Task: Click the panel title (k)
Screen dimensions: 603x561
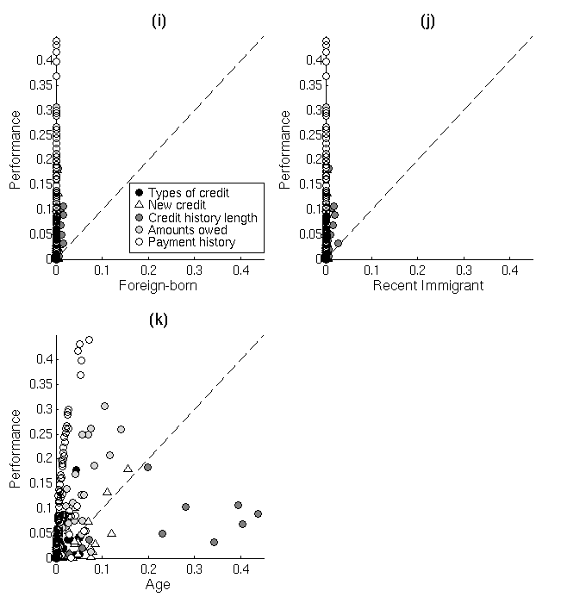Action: click(x=158, y=320)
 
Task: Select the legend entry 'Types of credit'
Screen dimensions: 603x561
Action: click(x=189, y=193)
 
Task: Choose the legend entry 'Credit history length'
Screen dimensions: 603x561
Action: click(x=203, y=218)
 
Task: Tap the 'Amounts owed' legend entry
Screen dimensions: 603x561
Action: click(x=187, y=230)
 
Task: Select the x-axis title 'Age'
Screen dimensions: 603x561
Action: click(x=158, y=584)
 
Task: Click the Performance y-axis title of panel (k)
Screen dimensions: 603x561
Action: click(x=16, y=450)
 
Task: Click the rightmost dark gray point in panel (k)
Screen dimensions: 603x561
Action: click(x=258, y=513)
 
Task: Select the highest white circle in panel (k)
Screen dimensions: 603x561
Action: click(x=89, y=339)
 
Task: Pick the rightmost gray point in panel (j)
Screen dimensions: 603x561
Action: click(x=338, y=243)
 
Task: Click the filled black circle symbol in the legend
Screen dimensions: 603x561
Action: click(x=138, y=193)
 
